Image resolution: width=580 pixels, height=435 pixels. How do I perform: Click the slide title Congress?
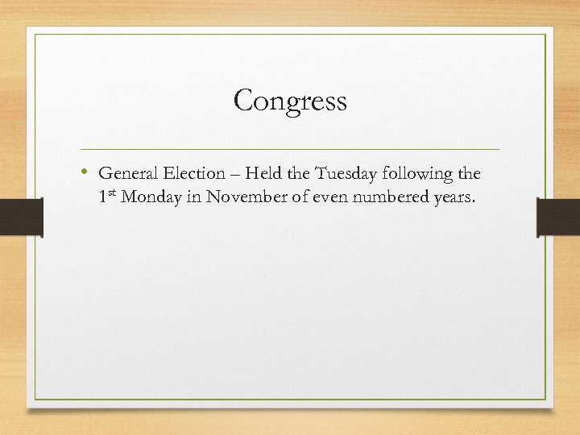[x=290, y=101]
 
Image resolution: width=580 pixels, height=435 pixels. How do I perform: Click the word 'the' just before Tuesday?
[x=294, y=173]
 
